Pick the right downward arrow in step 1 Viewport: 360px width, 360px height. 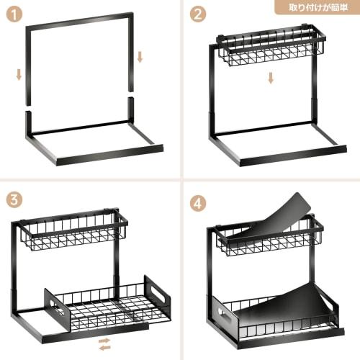140,55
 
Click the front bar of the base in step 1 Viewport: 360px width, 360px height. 107,155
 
